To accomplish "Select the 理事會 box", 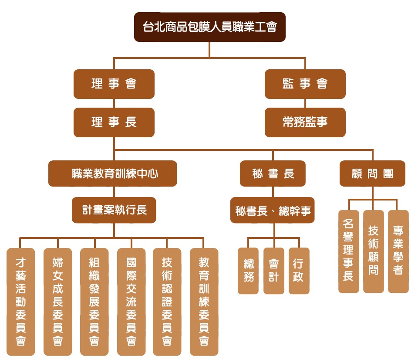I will [x=114, y=84].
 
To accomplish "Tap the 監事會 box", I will [x=305, y=84].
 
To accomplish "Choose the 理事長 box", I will [x=114, y=122].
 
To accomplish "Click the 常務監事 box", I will [x=305, y=122].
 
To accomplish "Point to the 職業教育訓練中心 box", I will [x=112, y=173].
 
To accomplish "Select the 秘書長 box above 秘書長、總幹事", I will [x=273, y=173].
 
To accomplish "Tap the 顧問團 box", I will [x=372, y=173].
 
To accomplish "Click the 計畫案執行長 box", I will [x=114, y=210].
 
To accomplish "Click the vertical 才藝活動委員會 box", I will [x=20, y=302].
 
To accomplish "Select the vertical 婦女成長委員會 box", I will [x=57, y=302].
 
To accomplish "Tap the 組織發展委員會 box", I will [x=94, y=302].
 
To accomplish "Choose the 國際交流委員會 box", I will [x=131, y=302].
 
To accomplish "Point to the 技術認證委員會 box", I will [x=167, y=302].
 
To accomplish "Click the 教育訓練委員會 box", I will [x=204, y=302].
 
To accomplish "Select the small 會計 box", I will [x=273, y=271].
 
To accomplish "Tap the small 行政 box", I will [x=299, y=271].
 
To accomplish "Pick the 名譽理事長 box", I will [x=348, y=251].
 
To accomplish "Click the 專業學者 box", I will [x=398, y=251].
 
